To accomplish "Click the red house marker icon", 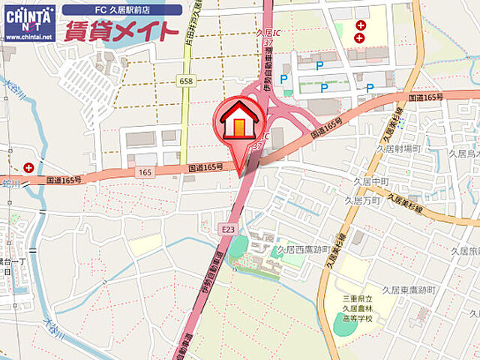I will (239, 121).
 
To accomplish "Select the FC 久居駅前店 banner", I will (121, 10).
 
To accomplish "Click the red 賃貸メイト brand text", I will (121, 31).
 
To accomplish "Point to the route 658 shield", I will (187, 80).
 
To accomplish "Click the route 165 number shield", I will (145, 172).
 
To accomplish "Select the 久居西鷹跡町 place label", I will (304, 249).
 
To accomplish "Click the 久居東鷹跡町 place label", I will (408, 289).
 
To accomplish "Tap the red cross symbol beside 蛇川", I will (28, 167).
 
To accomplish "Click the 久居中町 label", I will (371, 182).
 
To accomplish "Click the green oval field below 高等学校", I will (346, 325).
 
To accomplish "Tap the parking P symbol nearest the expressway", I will (284, 79).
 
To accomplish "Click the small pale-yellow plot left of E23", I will (145, 244).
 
